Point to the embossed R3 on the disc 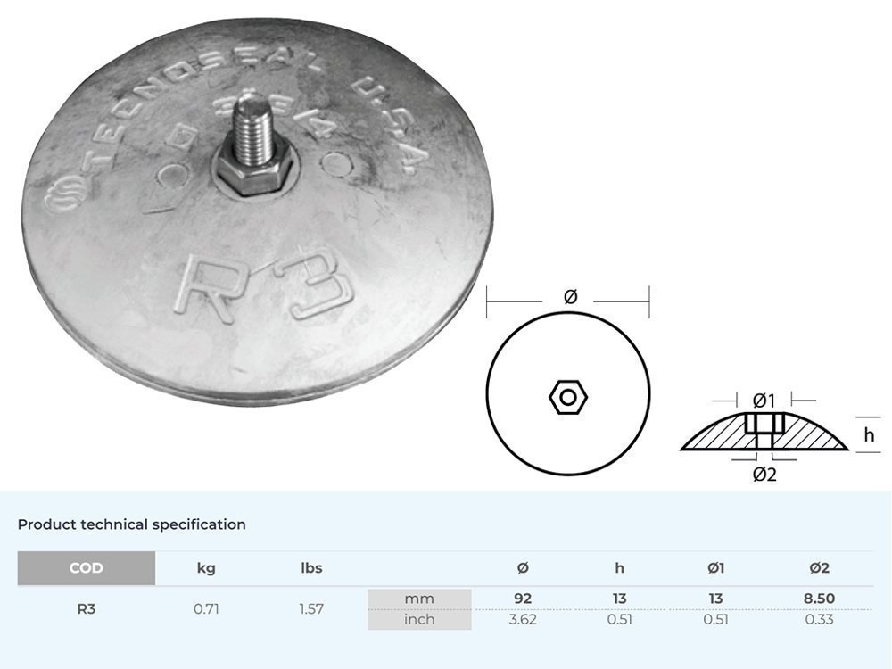(x=263, y=287)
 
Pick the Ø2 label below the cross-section (x=764, y=475)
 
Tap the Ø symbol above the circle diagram (x=571, y=297)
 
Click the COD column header (x=87, y=568)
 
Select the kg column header (x=206, y=568)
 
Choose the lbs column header (x=311, y=568)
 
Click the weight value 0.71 (x=206, y=609)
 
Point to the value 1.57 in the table (x=311, y=609)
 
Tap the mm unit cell (x=419, y=599)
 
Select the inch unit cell (x=419, y=619)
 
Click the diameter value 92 (x=523, y=599)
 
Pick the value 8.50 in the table (x=819, y=599)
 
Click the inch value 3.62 (x=523, y=619)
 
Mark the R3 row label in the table (x=87, y=609)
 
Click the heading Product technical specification (x=132, y=524)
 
